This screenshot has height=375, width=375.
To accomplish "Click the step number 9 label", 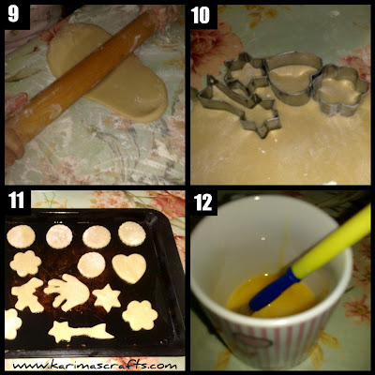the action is coord(13,14).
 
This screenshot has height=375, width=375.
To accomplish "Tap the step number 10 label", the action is coord(202,15).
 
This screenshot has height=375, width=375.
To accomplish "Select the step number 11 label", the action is coord(16,201).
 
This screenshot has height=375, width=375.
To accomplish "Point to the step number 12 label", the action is coord(202,202).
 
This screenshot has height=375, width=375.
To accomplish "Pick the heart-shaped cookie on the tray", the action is coord(129,268).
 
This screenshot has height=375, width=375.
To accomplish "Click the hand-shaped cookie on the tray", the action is coord(67,292).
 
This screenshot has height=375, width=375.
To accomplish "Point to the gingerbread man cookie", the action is coord(27,294).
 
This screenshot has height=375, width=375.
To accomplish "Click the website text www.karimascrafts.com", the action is coord(95,366).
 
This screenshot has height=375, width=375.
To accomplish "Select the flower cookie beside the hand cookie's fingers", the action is coord(25,263).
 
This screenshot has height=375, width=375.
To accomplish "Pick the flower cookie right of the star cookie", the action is coord(140,315).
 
